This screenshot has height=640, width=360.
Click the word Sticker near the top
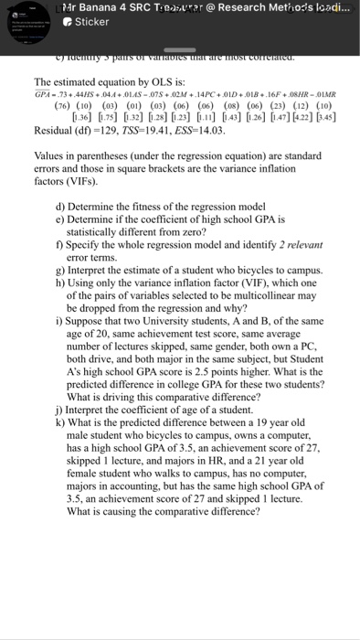[x=91, y=21]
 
